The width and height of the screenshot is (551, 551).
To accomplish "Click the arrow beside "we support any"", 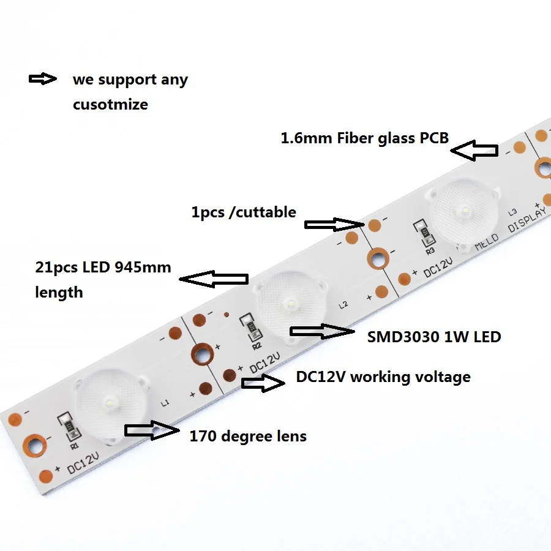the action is (42, 79).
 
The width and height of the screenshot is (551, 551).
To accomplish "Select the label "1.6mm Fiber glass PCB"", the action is (364, 138).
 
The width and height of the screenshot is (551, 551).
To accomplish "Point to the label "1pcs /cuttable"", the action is (244, 212).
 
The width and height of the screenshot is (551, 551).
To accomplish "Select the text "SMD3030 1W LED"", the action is (433, 336).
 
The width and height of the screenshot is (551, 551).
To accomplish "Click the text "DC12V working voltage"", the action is (383, 377).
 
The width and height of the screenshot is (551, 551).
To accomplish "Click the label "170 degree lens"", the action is (248, 436).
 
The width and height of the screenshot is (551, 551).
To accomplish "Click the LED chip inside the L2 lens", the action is (288, 303).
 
